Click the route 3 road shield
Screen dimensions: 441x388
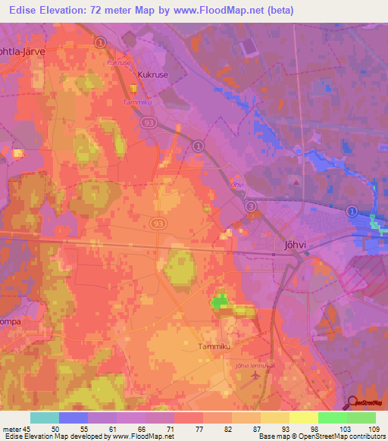pos(252,205)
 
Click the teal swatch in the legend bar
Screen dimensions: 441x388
pos(45,418)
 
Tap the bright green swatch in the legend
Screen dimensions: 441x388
pos(333,418)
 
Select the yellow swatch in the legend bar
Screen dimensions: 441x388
pos(304,418)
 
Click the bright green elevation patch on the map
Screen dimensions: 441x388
pos(220,302)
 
